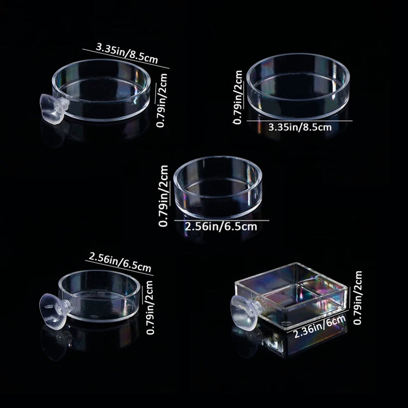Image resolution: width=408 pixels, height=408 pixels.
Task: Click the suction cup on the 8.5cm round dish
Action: pyautogui.click(x=52, y=107)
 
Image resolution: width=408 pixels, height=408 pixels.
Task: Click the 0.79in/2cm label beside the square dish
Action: pyautogui.click(x=358, y=298)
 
